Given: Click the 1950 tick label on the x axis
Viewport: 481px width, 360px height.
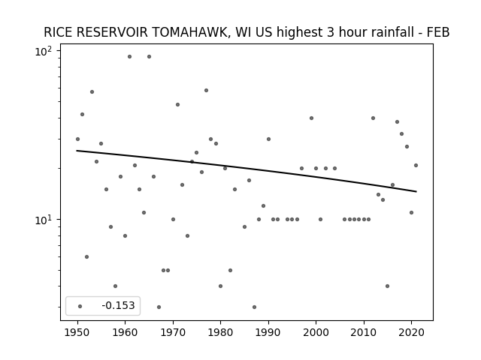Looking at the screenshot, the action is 77,332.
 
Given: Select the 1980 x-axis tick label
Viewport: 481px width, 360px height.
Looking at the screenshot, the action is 220,332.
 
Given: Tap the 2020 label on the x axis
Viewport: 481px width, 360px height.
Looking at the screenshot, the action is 411,332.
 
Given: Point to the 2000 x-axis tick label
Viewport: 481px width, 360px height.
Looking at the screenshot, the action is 316,332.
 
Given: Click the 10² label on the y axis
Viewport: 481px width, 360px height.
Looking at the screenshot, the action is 44,52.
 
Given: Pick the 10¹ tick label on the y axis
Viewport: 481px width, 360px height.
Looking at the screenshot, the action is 44,220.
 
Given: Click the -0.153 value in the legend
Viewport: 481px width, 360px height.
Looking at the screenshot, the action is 118,305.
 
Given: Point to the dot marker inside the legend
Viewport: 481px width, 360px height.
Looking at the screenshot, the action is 80,306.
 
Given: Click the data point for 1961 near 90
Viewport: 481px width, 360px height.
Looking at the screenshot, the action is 129,57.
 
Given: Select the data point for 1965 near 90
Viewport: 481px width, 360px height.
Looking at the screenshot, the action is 149,57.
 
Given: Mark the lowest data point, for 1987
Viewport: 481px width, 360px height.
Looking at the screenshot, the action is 254,307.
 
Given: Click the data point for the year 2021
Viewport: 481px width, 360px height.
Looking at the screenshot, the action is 416,165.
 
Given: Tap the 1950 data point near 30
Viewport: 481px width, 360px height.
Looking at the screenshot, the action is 77,139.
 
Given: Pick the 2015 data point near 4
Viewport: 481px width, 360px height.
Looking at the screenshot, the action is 388,286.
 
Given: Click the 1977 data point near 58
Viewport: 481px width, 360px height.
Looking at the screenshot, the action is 206,90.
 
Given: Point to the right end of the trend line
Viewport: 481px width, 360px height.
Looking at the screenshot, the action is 416,192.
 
